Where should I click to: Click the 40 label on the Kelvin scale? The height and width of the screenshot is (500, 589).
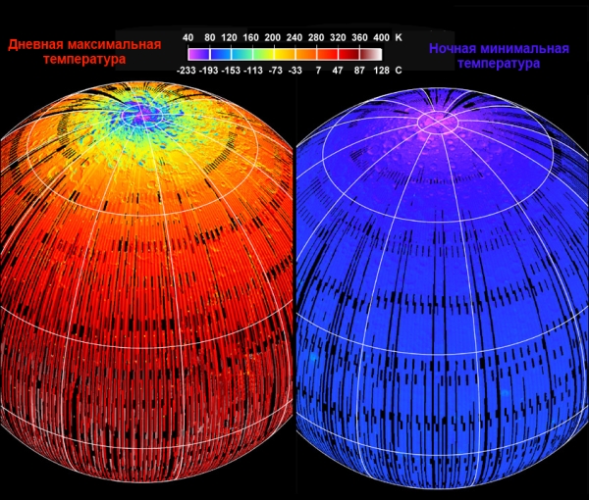(187, 36)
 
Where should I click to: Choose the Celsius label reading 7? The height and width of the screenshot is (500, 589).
(319, 72)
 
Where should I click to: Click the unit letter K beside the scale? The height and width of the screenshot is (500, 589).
(399, 36)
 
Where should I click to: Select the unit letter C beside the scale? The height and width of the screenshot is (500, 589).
(399, 72)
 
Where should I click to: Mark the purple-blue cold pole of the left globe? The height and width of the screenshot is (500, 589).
(145, 115)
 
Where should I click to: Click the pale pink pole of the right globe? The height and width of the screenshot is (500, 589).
(438, 121)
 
